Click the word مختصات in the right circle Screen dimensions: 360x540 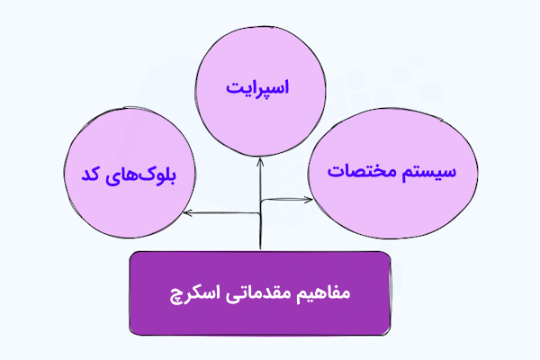(x=364, y=171)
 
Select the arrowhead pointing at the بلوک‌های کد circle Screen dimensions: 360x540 (x=185, y=214)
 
